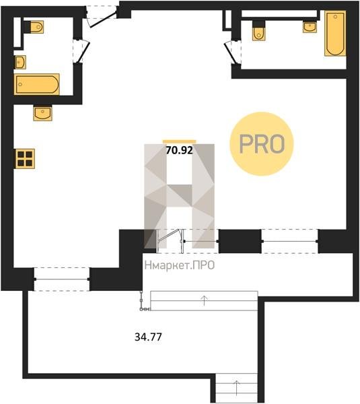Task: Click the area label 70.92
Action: pyautogui.click(x=179, y=150)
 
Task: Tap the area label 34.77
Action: pyautogui.click(x=148, y=337)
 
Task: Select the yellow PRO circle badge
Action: pyautogui.click(x=262, y=144)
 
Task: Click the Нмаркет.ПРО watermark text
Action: pyautogui.click(x=180, y=265)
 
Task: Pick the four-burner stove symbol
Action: pyautogui.click(x=25, y=159)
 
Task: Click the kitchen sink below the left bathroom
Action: pyautogui.click(x=42, y=113)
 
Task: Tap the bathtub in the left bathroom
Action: pyautogui.click(x=37, y=84)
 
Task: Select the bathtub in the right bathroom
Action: pyautogui.click(x=335, y=33)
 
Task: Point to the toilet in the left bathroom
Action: pyautogui.click(x=34, y=27)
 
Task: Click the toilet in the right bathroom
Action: pyautogui.click(x=258, y=31)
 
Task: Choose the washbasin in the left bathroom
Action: pyautogui.click(x=20, y=62)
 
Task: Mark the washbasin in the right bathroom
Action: pyautogui.click(x=310, y=27)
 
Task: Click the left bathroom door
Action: pyautogui.click(x=83, y=51)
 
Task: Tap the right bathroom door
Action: pyautogui.click(x=231, y=53)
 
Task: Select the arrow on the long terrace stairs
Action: pyautogui.click(x=204, y=300)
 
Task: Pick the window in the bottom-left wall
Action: pyautogui.click(x=61, y=279)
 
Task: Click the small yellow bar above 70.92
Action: pyautogui.click(x=179, y=141)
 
